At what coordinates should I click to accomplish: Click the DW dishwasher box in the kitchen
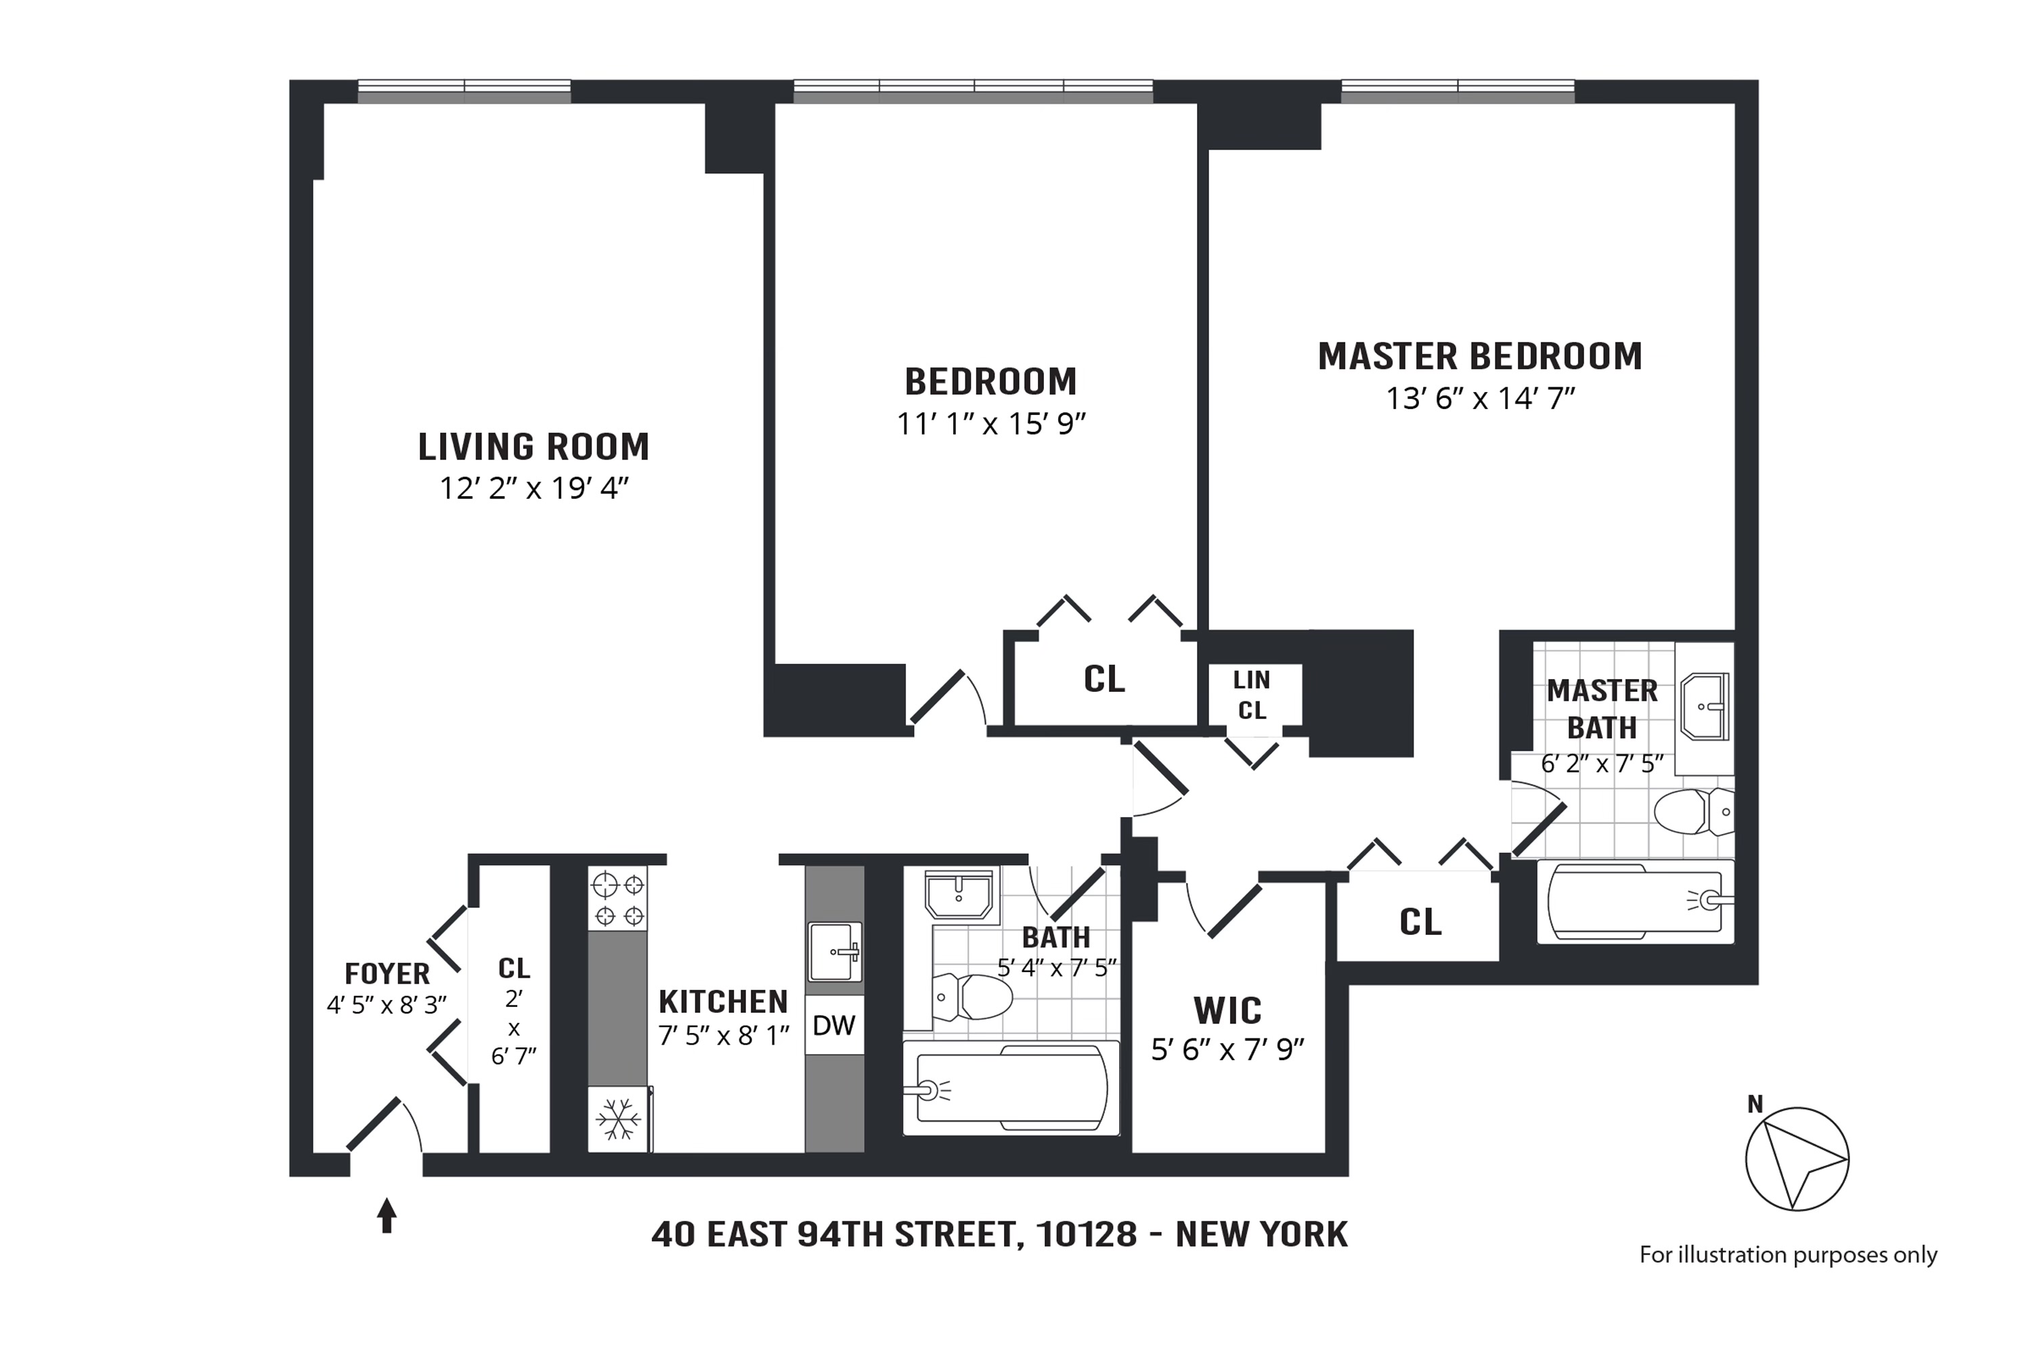(x=834, y=1025)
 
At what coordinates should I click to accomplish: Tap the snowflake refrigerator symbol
(x=618, y=1119)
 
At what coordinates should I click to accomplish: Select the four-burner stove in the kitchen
(x=618, y=898)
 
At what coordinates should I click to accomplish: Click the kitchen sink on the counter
(x=834, y=952)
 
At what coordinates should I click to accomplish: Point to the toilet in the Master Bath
(x=1693, y=812)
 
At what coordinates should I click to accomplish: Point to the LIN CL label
(x=1251, y=695)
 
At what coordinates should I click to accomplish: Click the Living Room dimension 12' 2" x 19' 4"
(x=533, y=489)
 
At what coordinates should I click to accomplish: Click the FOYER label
(x=387, y=974)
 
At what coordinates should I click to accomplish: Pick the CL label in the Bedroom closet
(x=1104, y=680)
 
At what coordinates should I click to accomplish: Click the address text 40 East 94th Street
(x=999, y=1235)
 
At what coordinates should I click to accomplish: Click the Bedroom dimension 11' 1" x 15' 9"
(x=990, y=424)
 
